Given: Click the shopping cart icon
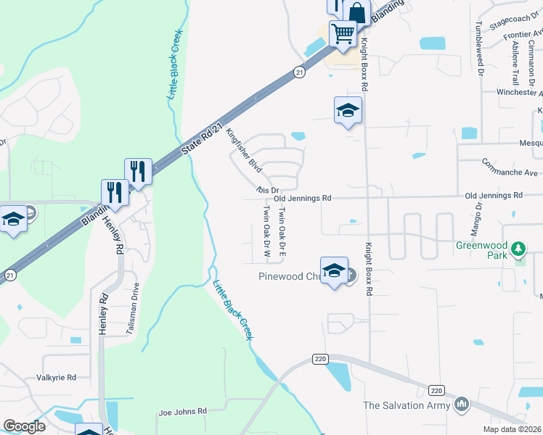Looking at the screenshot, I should [x=343, y=33].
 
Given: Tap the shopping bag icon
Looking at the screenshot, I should [x=357, y=12].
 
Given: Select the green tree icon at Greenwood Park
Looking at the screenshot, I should [x=518, y=250].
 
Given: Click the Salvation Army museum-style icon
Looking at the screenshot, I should [x=461, y=405].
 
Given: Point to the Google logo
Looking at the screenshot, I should [x=24, y=426].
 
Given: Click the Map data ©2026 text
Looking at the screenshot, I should [x=512, y=429].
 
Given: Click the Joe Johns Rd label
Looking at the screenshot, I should [x=182, y=412].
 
